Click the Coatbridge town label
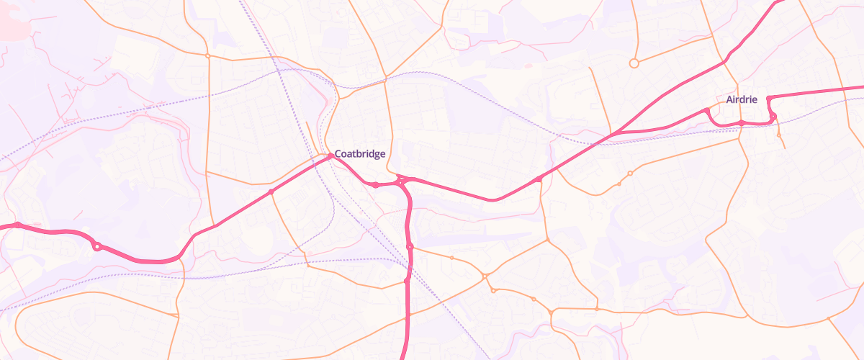coord(360,154)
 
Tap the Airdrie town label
coord(742,99)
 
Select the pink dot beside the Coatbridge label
coord(330,156)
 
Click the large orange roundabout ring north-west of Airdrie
coord(634,63)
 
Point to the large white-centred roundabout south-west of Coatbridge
coord(96,247)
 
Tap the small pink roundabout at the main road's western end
coord(17,225)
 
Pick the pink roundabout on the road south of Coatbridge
coord(409,247)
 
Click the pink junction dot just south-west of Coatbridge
coord(271,192)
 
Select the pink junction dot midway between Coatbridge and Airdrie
coord(539,179)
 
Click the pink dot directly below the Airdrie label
coord(742,123)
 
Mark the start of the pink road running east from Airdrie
coord(769,98)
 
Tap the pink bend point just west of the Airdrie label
coord(707,110)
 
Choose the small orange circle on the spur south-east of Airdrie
coord(779,134)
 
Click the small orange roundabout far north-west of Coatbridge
coord(207,55)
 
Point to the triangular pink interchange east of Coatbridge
coord(402,181)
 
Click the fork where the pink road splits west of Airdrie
coord(616,134)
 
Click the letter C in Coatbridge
coord(338,154)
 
